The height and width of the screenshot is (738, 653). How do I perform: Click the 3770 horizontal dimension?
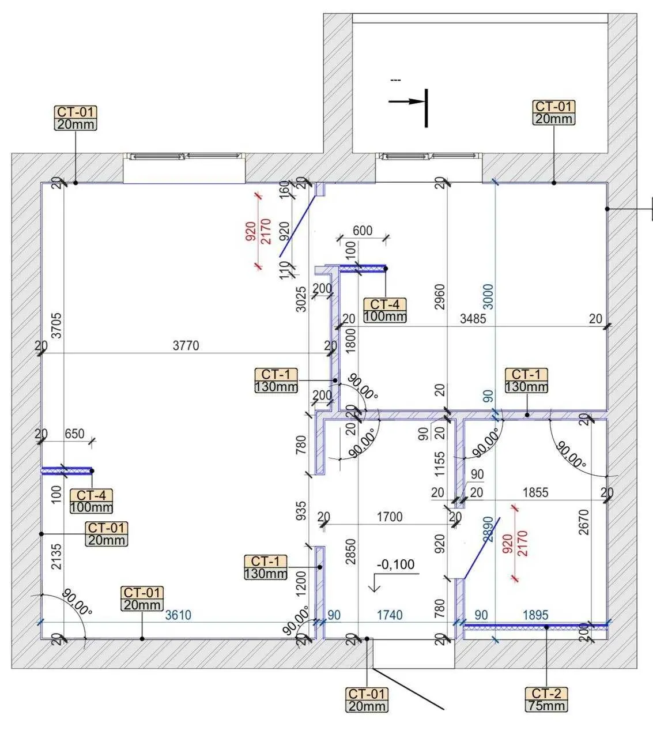tap(186, 345)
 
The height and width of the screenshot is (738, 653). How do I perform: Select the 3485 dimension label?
tap(473, 319)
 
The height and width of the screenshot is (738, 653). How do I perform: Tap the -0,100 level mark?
tap(395, 564)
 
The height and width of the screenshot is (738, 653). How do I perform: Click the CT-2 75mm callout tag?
tap(546, 699)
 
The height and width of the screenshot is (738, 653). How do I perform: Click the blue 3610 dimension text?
tap(178, 615)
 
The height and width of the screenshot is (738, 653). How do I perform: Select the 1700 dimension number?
tap(390, 517)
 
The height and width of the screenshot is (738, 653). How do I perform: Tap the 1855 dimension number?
tap(535, 492)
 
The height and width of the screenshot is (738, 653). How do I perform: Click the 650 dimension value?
tap(74, 434)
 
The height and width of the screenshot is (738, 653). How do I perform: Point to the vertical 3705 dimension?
tap(56, 326)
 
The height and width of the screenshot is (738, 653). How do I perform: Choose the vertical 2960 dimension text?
tap(440, 296)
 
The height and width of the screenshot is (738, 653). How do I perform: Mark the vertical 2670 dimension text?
tap(583, 522)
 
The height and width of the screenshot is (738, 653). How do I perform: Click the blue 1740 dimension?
tap(390, 615)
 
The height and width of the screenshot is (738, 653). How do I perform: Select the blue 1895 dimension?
tap(535, 615)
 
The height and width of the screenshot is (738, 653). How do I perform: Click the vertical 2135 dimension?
tap(56, 556)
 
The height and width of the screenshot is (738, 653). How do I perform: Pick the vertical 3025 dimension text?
tap(301, 299)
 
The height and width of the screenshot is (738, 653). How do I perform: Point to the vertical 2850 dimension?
tap(350, 552)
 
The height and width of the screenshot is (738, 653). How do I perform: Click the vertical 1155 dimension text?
tap(440, 464)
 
